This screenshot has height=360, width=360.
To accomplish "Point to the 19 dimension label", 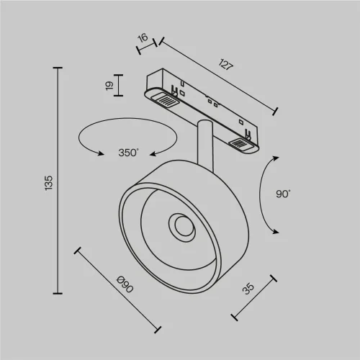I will (109, 86).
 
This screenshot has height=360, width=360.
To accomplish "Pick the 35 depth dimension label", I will (248, 289).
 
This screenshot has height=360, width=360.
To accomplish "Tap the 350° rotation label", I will (128, 153).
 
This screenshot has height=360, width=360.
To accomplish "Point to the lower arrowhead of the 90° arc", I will (274, 229).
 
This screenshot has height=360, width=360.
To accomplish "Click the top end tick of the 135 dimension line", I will (58, 68).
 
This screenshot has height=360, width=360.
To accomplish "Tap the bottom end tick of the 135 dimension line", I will (58, 293).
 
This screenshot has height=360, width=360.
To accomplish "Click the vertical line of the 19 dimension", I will (119, 86).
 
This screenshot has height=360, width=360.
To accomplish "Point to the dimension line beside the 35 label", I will (253, 297).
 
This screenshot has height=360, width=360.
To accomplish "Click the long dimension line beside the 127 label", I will (216, 75).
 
